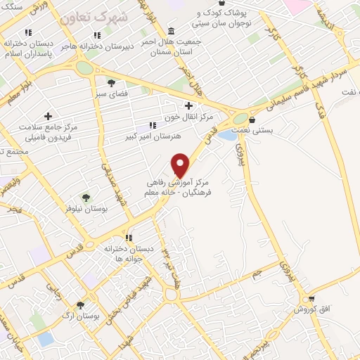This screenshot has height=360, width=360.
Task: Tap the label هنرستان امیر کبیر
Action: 153,135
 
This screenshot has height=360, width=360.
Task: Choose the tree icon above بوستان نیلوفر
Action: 86,198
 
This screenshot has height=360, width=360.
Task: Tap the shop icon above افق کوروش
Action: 311,299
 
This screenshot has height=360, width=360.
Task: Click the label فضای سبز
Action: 111,93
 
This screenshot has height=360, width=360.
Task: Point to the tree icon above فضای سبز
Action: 111,82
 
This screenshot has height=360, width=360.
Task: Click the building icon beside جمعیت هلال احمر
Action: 173,31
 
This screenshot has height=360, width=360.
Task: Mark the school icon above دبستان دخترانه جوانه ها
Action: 128,237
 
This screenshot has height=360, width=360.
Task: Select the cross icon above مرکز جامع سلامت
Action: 48,116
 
